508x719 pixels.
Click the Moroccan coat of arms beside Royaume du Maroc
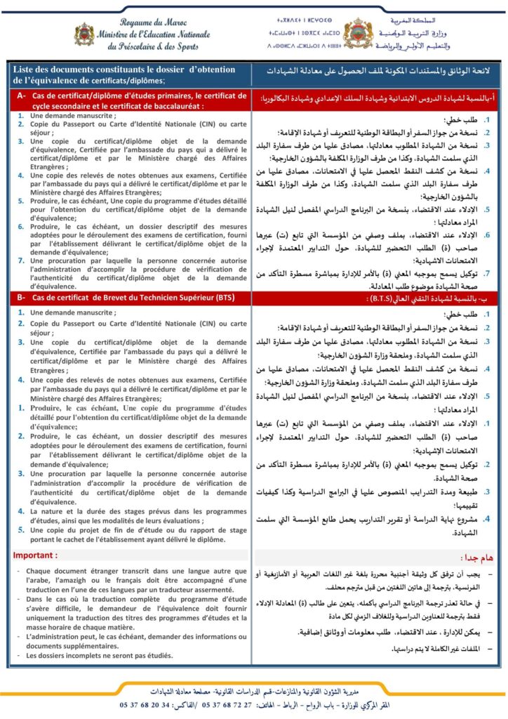83,34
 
